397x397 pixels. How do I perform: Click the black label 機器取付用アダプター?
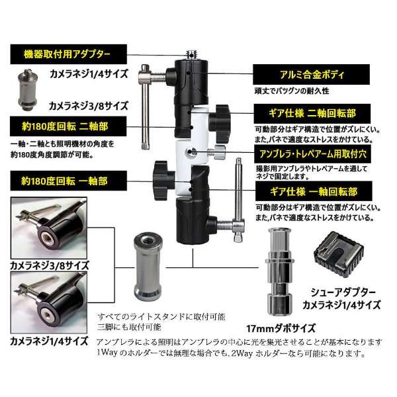pos(68,54)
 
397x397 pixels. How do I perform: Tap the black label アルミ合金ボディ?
pos(311,74)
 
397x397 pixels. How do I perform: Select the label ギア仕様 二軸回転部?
pos(312,114)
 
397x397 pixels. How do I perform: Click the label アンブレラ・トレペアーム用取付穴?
pos(312,154)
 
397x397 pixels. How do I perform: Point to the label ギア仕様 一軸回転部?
pos(314,191)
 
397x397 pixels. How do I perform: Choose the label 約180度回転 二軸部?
pos(68,126)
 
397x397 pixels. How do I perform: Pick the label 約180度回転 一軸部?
pos(68,181)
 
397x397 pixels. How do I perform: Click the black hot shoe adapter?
pos(339,253)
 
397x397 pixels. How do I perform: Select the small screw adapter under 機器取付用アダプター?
pos(28,90)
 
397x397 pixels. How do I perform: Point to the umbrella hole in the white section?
pos(189,152)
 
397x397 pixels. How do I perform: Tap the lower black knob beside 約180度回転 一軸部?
pos(163,181)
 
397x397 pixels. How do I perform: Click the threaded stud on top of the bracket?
pos(192,55)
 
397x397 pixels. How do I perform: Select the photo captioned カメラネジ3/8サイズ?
pos(49,228)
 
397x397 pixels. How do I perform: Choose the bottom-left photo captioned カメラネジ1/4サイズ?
pos(49,303)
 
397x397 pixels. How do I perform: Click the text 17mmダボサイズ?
pos(281,328)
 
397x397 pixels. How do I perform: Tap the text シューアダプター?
pos(343,292)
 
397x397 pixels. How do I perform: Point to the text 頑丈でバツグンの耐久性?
pos(292,91)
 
